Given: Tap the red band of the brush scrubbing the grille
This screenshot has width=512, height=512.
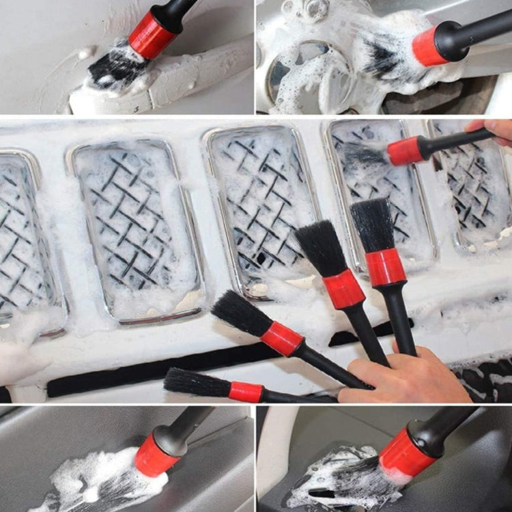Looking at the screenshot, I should [406, 151].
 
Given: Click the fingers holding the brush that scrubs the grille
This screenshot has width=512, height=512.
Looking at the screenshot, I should [492, 130].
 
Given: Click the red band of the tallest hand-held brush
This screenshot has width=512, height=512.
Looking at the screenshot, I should [386, 267].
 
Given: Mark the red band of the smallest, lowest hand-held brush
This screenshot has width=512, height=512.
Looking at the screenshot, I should [246, 392].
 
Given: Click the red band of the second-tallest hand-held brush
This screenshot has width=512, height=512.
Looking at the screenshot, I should [343, 289].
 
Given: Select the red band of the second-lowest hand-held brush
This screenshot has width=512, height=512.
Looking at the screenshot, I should [282, 339].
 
